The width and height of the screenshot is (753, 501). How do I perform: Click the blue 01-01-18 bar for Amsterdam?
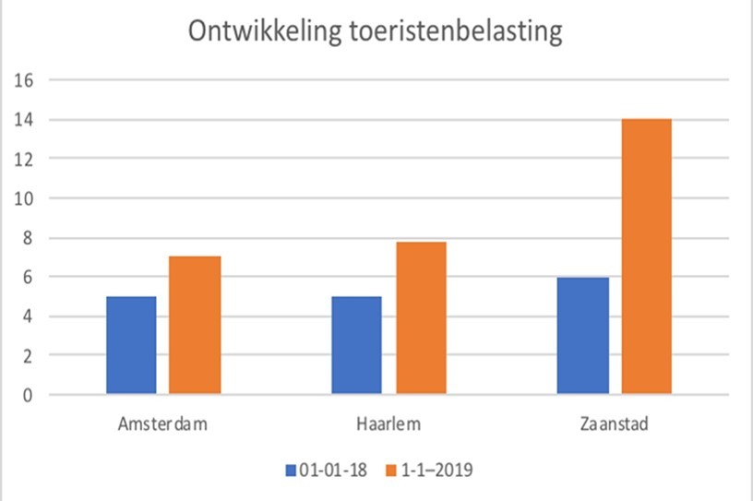[131, 345]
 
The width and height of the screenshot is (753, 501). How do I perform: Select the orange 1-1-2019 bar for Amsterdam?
[195, 325]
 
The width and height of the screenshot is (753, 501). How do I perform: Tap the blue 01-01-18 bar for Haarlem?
[357, 345]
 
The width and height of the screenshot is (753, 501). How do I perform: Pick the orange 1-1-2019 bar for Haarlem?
[421, 318]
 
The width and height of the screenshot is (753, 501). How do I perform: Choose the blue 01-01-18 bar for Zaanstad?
[583, 336]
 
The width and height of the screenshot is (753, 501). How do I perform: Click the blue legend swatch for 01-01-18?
[291, 471]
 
